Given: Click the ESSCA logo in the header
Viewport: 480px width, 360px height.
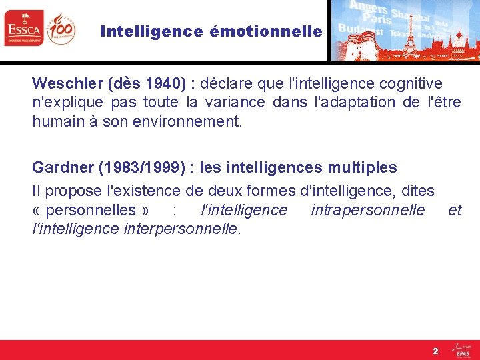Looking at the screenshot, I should [23, 29].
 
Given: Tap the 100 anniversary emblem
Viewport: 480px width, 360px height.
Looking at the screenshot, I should [61, 28].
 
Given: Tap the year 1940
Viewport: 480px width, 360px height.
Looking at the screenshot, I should [161, 83].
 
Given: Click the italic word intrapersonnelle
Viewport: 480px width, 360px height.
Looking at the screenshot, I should [367, 210].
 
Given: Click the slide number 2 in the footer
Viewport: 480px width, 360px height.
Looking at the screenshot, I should [435, 350].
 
